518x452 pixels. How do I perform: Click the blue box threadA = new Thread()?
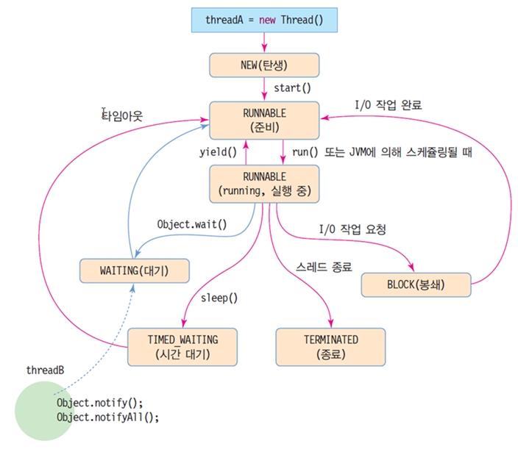(264, 19)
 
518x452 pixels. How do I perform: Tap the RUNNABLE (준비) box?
(264, 120)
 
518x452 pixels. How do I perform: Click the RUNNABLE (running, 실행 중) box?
(264, 184)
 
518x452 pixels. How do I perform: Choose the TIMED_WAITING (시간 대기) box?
(183, 347)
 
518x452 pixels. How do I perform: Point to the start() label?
(292, 88)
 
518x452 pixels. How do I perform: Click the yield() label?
(218, 153)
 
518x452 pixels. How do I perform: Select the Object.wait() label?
(192, 224)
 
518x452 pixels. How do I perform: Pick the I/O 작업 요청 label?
(352, 229)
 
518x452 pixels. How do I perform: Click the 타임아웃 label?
(122, 115)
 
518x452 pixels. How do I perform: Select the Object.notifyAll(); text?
(107, 416)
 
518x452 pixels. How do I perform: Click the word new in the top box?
(267, 19)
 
